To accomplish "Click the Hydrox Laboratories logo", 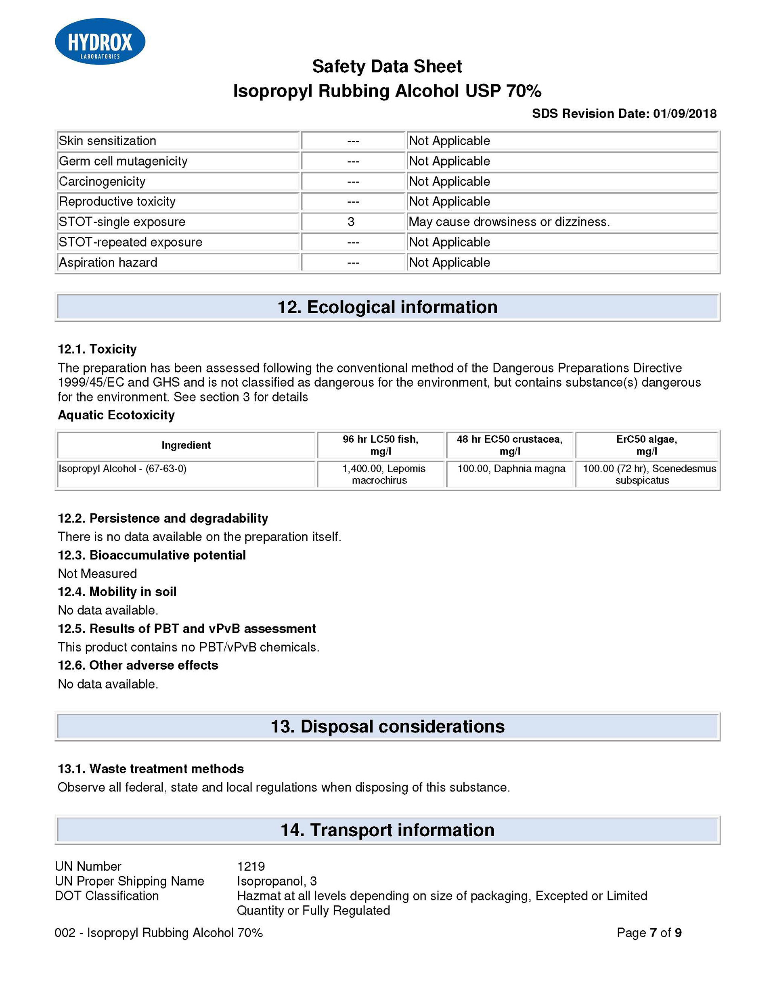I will coord(100,41).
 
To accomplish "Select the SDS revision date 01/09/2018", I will coord(685,113).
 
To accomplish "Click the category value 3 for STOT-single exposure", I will coord(351,222).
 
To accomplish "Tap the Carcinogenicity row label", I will coord(102,181).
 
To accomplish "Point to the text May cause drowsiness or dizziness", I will coord(509,222).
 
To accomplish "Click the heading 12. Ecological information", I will coord(387,307).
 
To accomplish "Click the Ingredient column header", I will coord(186,445).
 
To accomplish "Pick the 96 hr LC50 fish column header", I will coord(380,445).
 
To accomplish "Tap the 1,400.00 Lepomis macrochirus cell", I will coord(380,474).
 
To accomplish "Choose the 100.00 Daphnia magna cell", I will coord(511,469).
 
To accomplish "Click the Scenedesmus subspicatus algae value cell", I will coord(646,474).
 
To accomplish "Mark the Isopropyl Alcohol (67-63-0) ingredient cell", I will coord(123,469).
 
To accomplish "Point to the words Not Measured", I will coord(97,574).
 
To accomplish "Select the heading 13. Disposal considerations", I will coord(387,727).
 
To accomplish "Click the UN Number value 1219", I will coord(251,866).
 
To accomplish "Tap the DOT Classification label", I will coord(107,896).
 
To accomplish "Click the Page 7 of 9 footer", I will coord(649,933).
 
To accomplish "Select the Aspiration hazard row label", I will coord(108,262).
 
